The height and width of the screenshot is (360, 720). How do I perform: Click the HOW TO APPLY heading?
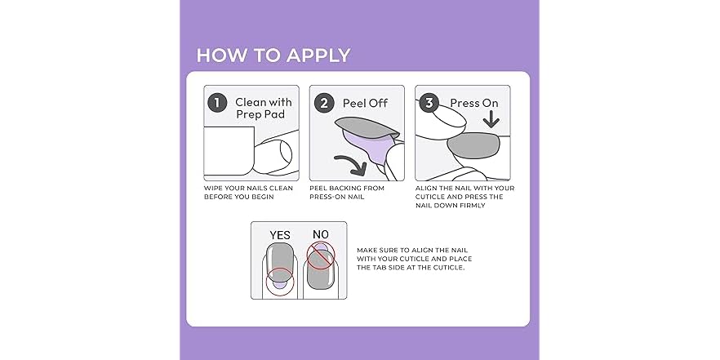(x=273, y=56)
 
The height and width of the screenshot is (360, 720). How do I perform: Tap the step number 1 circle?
(x=216, y=103)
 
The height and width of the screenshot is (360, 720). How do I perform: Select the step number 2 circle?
(x=323, y=103)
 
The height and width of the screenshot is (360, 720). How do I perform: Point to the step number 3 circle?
(x=429, y=103)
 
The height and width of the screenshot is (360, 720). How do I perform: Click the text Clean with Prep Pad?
(x=263, y=109)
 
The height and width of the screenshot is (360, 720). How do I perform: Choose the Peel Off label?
(x=365, y=104)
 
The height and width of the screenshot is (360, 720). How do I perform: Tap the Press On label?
(x=474, y=104)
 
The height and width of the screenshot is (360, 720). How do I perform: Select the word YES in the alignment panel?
(x=280, y=235)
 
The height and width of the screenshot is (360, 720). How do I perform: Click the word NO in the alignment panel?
(x=321, y=235)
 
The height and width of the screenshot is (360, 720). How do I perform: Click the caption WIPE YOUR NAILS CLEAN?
(x=248, y=188)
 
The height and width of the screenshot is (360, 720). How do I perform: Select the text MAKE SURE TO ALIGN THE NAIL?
(x=415, y=251)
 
